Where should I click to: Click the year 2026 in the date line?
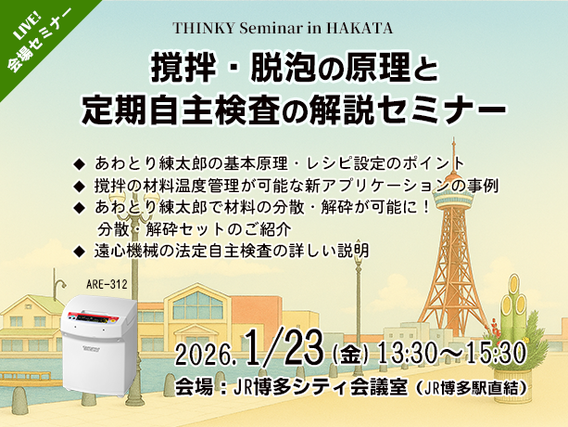[x=208, y=356]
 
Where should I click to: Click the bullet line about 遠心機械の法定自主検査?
[x=232, y=250]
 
